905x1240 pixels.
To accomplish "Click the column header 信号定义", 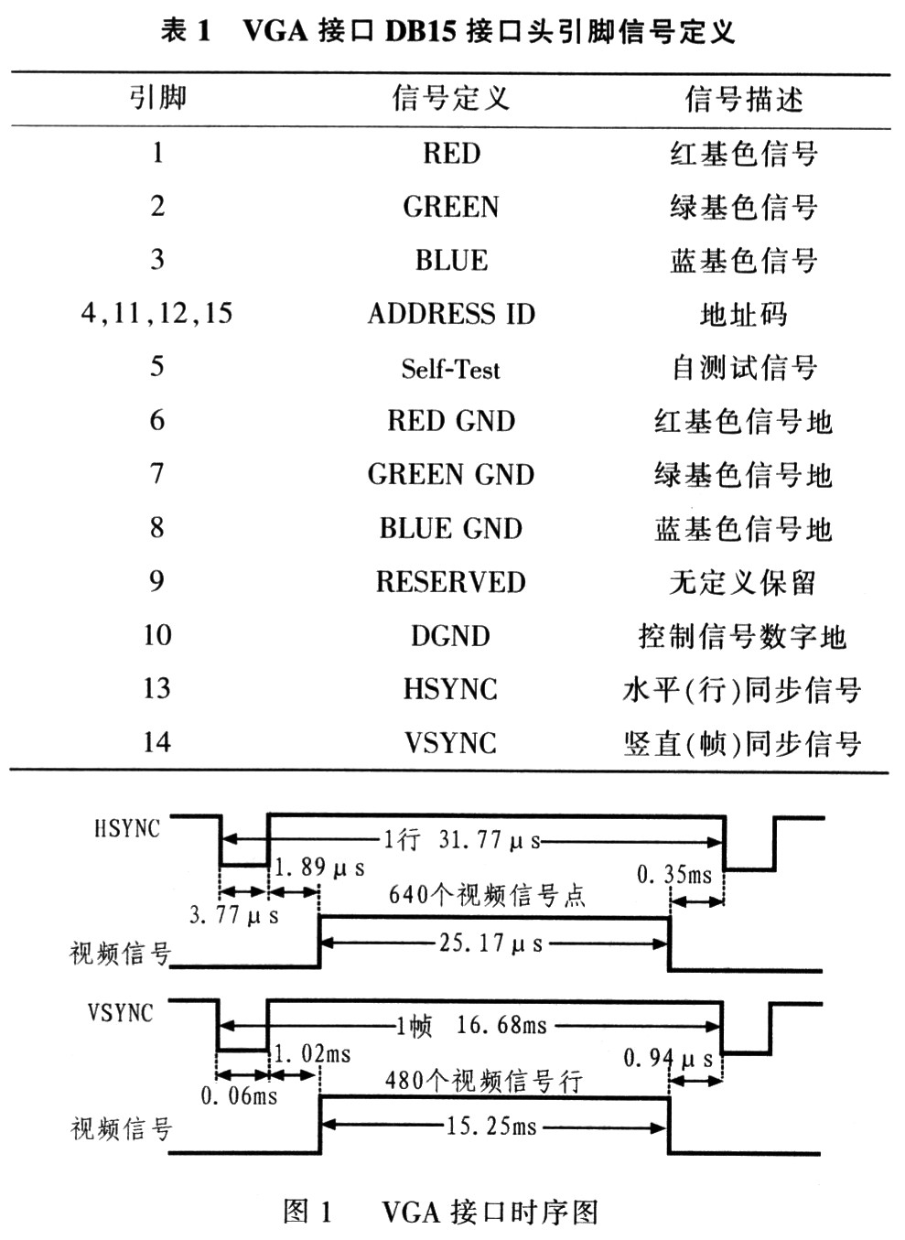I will coord(450,98).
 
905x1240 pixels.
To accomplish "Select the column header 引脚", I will coord(157,98).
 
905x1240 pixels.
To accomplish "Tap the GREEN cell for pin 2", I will coord(450,207).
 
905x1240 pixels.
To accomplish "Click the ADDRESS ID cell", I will coord(450,314).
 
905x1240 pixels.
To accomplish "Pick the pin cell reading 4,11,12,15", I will coord(156,314).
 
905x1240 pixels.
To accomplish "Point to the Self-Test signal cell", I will coord(450,369).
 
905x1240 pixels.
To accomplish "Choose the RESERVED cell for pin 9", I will coord(450,583).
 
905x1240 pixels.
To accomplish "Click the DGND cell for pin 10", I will coord(450,636).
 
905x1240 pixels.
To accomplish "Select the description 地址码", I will coord(742,315).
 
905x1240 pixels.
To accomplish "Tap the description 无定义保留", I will coord(742,583).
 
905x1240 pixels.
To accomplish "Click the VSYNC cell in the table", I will coord(450,742).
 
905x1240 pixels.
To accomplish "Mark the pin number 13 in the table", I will coord(156,688).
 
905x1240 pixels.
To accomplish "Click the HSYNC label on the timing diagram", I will coord(126,829).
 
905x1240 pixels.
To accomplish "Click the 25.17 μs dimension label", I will coord(490,943).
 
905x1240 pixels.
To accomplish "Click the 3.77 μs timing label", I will coord(234,914).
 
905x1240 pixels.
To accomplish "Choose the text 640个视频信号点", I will coord(487,894).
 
